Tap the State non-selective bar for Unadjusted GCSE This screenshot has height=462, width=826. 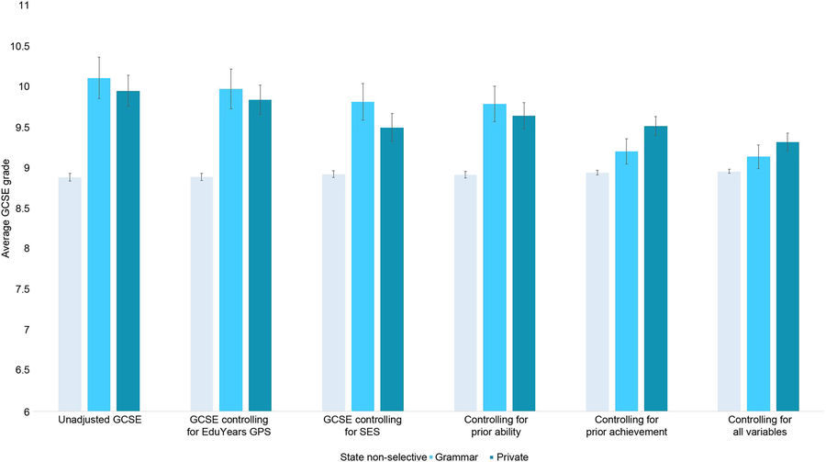70,294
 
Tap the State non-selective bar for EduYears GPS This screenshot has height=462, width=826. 202,294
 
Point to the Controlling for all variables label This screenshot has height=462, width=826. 758,428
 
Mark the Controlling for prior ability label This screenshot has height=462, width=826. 495,428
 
